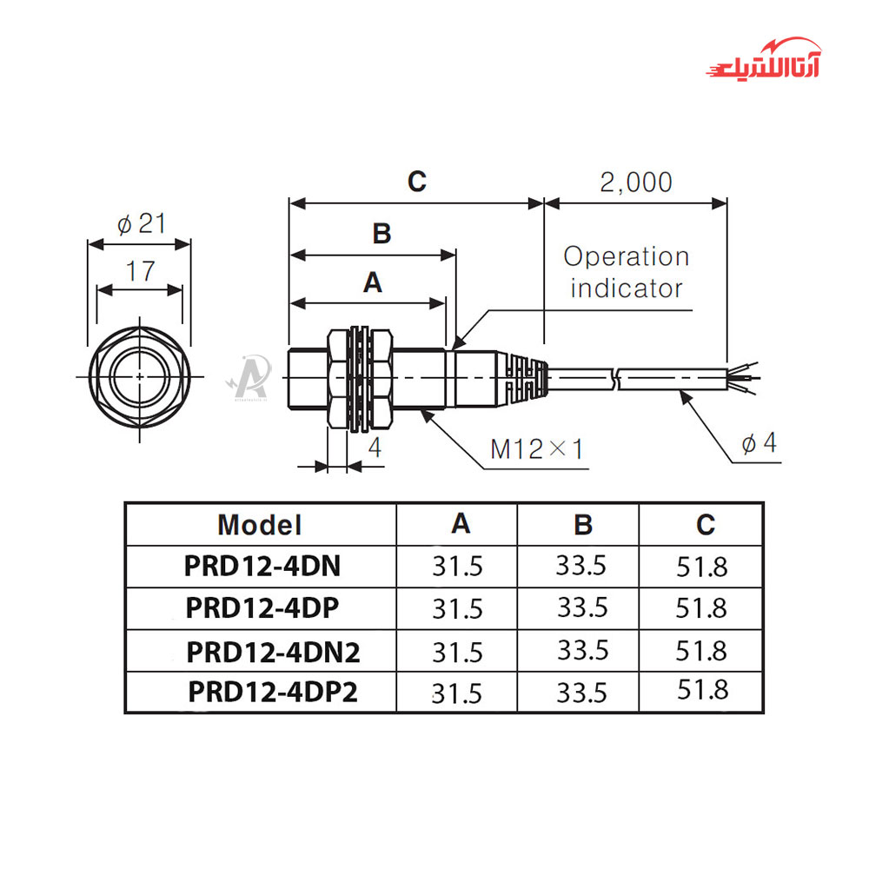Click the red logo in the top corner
point(764,59)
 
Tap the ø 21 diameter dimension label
point(141,224)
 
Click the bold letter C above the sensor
point(417,182)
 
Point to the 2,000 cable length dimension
point(636,182)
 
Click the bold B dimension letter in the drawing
point(381,234)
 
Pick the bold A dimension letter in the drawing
point(372,282)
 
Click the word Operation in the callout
point(626,256)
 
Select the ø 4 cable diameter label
point(759,443)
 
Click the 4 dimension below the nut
point(375,448)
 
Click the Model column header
point(259,525)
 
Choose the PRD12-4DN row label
point(262,567)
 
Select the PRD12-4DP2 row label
point(274,693)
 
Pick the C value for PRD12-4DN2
point(702,651)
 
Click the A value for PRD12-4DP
point(457,609)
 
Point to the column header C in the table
point(705,524)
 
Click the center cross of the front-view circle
point(140,376)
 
